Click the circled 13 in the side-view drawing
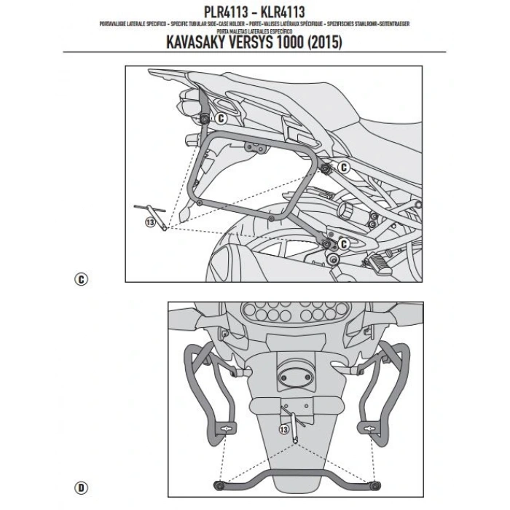tap(151, 224)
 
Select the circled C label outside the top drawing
tap(80, 278)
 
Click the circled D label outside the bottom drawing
tap(80, 486)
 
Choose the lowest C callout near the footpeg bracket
tap(345, 242)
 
